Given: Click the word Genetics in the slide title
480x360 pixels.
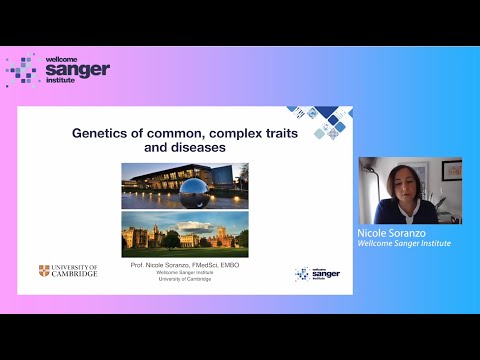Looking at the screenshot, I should coord(99,131).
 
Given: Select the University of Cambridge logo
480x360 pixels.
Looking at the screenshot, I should coord(68,271).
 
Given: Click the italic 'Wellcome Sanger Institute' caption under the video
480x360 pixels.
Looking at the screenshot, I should coord(404,243).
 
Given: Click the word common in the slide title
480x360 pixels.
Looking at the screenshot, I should coord(163,131).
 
